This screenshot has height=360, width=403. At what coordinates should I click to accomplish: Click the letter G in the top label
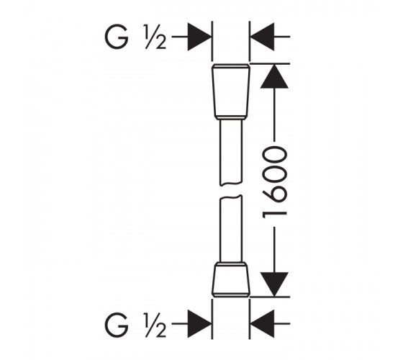[117, 37]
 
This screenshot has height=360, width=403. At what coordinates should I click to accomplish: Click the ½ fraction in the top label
[155, 37]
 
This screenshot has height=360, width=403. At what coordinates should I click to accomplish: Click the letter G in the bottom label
[117, 325]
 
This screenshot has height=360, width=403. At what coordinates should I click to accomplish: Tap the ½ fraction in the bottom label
[155, 325]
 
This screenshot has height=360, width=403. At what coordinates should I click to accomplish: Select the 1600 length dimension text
[274, 182]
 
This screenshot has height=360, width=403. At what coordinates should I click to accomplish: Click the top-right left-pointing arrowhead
[263, 37]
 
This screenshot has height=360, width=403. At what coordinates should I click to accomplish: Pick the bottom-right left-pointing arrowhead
[263, 324]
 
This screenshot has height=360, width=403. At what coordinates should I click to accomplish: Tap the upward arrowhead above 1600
[274, 76]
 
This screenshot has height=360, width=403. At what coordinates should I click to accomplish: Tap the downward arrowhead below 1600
[274, 284]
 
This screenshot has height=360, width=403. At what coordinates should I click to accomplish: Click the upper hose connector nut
[231, 92]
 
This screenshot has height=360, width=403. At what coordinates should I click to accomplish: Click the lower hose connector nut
[231, 279]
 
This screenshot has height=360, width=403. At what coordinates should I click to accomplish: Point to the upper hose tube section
[231, 153]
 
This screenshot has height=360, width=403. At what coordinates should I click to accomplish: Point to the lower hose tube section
[231, 229]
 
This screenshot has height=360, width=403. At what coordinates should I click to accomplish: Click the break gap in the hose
[231, 191]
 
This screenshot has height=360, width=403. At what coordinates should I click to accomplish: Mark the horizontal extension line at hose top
[270, 63]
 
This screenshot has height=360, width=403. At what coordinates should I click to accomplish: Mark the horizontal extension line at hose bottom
[270, 297]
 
